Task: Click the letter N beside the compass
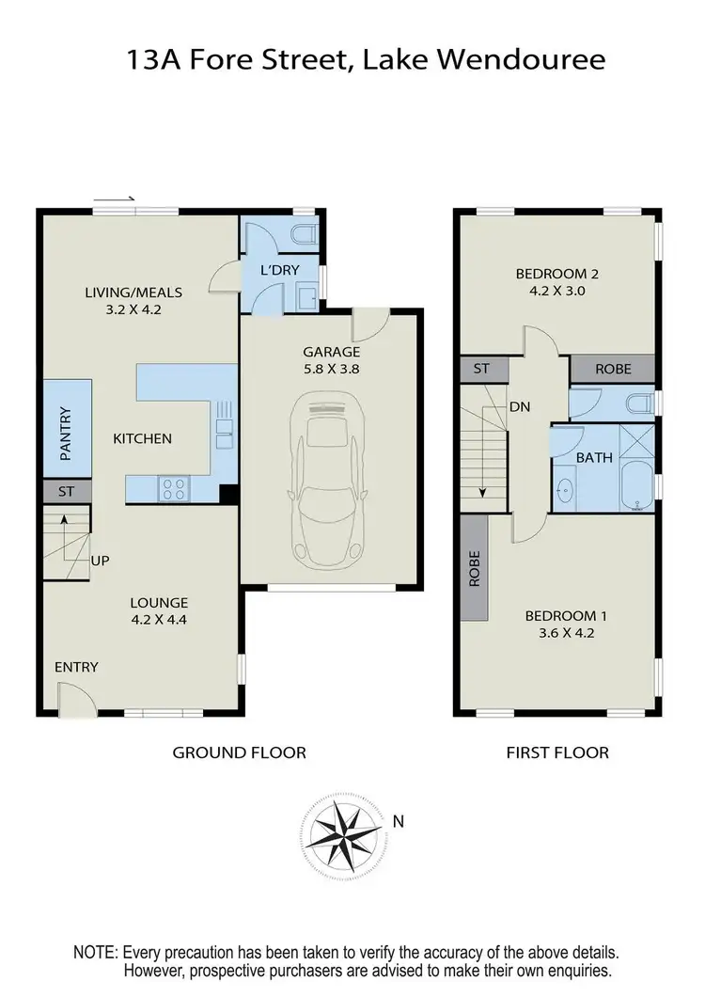point(399,821)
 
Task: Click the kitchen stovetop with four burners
point(174,488)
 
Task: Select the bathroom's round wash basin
point(565,490)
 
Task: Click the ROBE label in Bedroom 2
point(614,369)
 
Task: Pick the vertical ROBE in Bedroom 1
point(475,568)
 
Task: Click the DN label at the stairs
point(520,406)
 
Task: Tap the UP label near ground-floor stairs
point(101,561)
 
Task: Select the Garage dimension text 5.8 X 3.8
point(331,370)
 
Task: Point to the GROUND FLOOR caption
point(239,752)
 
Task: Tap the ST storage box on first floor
point(481,369)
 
